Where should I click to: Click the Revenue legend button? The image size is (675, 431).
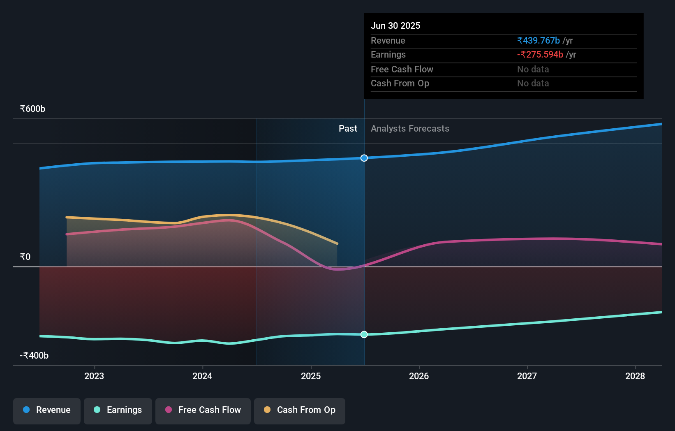(x=47, y=410)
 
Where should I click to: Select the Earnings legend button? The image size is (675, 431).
(x=118, y=410)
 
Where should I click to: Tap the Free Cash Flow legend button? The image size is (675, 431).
(x=203, y=410)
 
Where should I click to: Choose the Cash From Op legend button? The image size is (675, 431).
(x=300, y=410)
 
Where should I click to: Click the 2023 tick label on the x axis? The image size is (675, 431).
(x=94, y=376)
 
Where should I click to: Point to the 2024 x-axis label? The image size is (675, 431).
(x=202, y=376)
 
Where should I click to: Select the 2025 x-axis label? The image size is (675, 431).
(x=311, y=376)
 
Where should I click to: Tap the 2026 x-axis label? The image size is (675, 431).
(x=419, y=376)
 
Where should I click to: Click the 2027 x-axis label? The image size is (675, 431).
(x=527, y=376)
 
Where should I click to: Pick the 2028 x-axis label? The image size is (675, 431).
(x=635, y=376)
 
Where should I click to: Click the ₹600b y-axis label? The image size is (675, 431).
(x=32, y=109)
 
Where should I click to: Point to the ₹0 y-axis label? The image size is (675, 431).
(x=25, y=257)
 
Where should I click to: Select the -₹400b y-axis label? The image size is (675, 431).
(x=34, y=356)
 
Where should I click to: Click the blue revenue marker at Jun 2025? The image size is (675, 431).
(x=364, y=158)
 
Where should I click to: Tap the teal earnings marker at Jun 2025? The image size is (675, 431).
(x=364, y=334)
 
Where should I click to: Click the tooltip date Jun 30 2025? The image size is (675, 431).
(x=395, y=26)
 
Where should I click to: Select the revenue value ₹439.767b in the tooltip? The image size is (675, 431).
(x=539, y=41)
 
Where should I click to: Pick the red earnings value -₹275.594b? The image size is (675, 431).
(x=540, y=55)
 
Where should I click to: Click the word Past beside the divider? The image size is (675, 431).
(x=348, y=129)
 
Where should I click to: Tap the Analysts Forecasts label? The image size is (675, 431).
(x=410, y=129)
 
